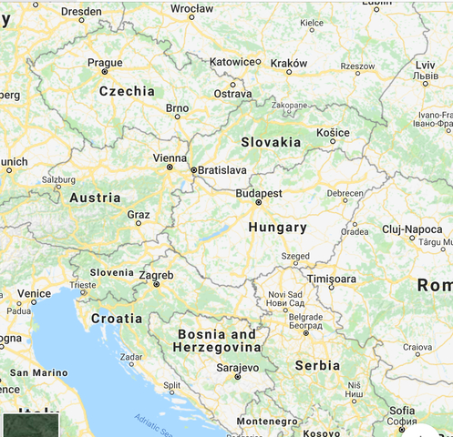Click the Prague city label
coord(104,62)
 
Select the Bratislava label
coord(223,169)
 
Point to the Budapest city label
coord(258,193)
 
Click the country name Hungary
coord(277,228)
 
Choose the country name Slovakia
coord(271,142)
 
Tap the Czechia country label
coord(127,91)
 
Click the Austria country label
coord(95,198)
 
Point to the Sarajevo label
coord(237,367)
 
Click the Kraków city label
coord(289,64)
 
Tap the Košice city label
coord(333,132)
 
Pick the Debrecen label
coord(345,193)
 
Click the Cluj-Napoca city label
coord(411,229)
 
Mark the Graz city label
coord(139,214)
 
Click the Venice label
coord(34,293)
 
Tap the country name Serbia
coord(317,365)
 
